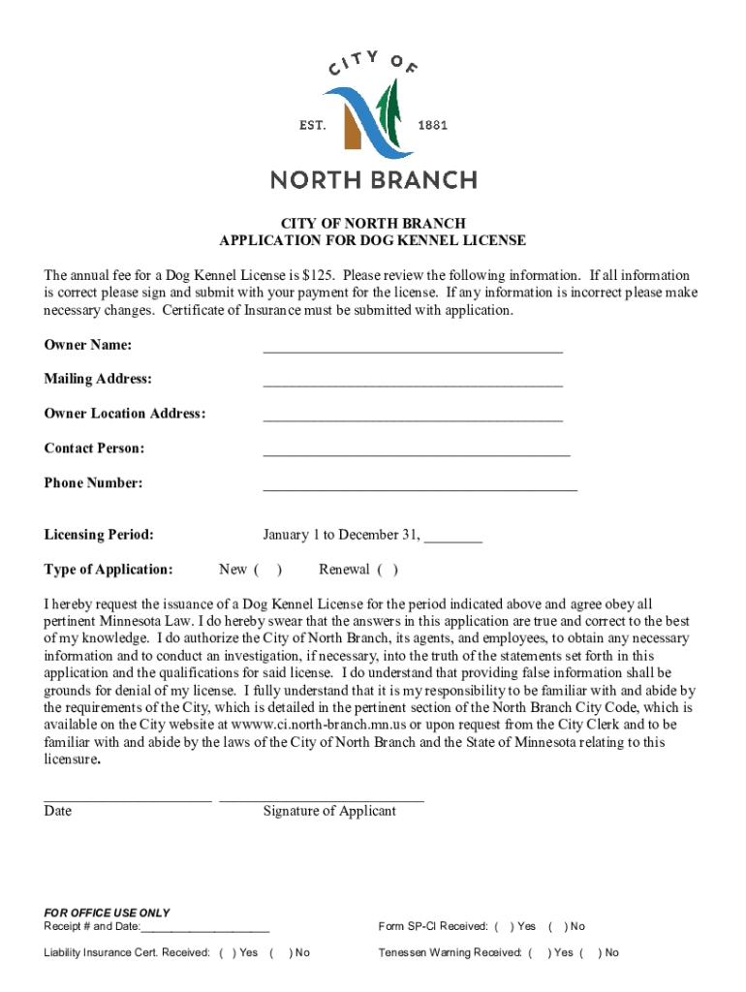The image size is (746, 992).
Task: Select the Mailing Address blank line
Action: (412, 384)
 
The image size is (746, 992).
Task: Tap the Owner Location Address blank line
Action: (412, 418)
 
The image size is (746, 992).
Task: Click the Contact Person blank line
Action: (416, 452)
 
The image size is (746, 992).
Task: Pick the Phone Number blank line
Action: (420, 487)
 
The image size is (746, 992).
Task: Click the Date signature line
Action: (127, 799)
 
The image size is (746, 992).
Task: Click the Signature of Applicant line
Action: (321, 799)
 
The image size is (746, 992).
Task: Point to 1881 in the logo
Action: (432, 126)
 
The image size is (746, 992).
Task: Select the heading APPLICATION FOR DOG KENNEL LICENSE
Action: (372, 240)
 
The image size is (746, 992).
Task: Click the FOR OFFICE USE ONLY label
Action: (107, 913)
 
